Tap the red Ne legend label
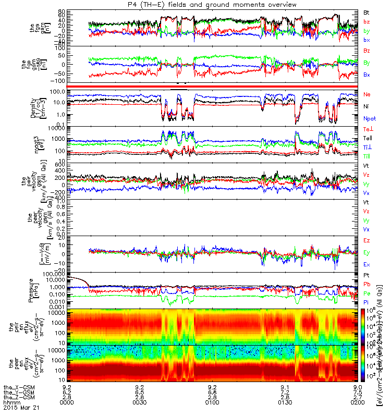[368, 94]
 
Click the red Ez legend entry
[366, 241]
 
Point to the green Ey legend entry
[367, 252]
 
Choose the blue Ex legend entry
[366, 264]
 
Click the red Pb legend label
[366, 284]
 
